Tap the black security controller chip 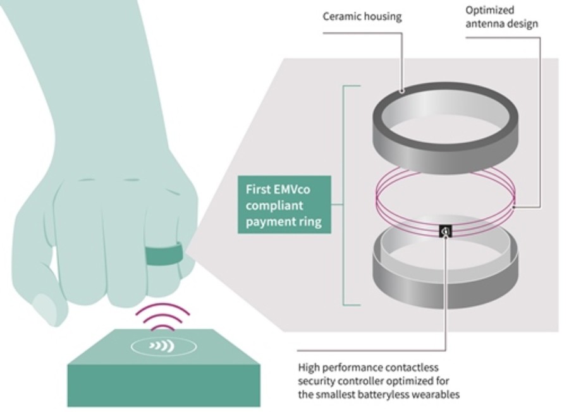pyautogui.click(x=444, y=231)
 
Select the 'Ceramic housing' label pyautogui.click(x=362, y=16)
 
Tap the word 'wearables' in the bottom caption pyautogui.click(x=436, y=395)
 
